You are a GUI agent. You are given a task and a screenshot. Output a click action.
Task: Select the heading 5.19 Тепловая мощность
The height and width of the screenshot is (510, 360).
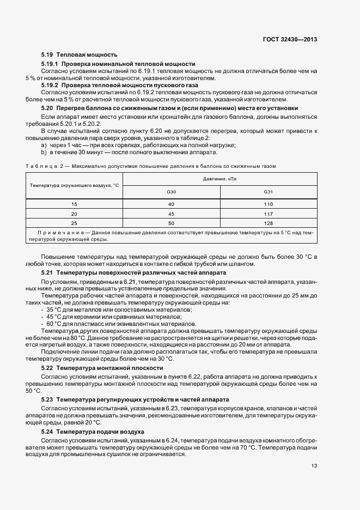tap(80, 55)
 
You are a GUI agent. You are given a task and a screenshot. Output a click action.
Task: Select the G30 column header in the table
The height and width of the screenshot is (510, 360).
tap(171, 192)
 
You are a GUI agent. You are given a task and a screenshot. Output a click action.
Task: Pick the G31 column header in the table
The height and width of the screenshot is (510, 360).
tap(268, 192)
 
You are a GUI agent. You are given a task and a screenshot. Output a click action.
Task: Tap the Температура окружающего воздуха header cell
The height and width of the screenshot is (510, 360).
tap(74, 186)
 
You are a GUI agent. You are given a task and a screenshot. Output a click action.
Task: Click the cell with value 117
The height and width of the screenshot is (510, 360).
tap(268, 214)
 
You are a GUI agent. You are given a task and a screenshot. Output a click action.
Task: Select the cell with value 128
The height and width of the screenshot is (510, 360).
tap(268, 223)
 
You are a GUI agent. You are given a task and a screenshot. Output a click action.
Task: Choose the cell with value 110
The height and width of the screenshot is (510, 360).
tap(268, 204)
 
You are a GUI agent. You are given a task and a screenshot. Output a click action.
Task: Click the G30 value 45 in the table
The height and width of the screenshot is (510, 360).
tap(171, 214)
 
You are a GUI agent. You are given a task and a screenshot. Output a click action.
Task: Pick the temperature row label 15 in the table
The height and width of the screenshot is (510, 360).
tap(74, 204)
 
